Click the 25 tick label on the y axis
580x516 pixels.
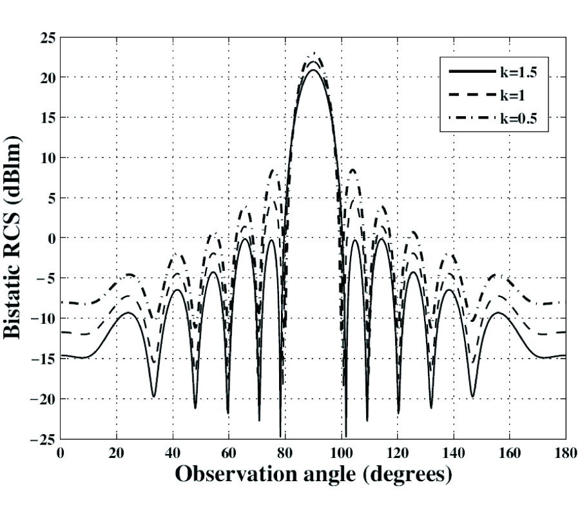46,37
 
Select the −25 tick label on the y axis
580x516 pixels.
43,440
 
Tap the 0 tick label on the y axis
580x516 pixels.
50,239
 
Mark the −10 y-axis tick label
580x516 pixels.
43,319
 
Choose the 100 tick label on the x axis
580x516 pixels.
341,453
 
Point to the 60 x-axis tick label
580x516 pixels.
229,453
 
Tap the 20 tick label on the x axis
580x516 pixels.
117,453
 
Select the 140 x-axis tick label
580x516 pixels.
453,453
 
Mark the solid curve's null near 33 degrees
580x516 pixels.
153,396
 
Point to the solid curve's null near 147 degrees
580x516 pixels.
472,396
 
